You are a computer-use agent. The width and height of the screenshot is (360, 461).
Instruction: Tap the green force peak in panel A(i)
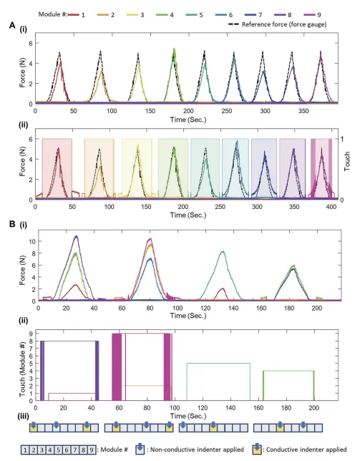[x=174, y=50]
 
